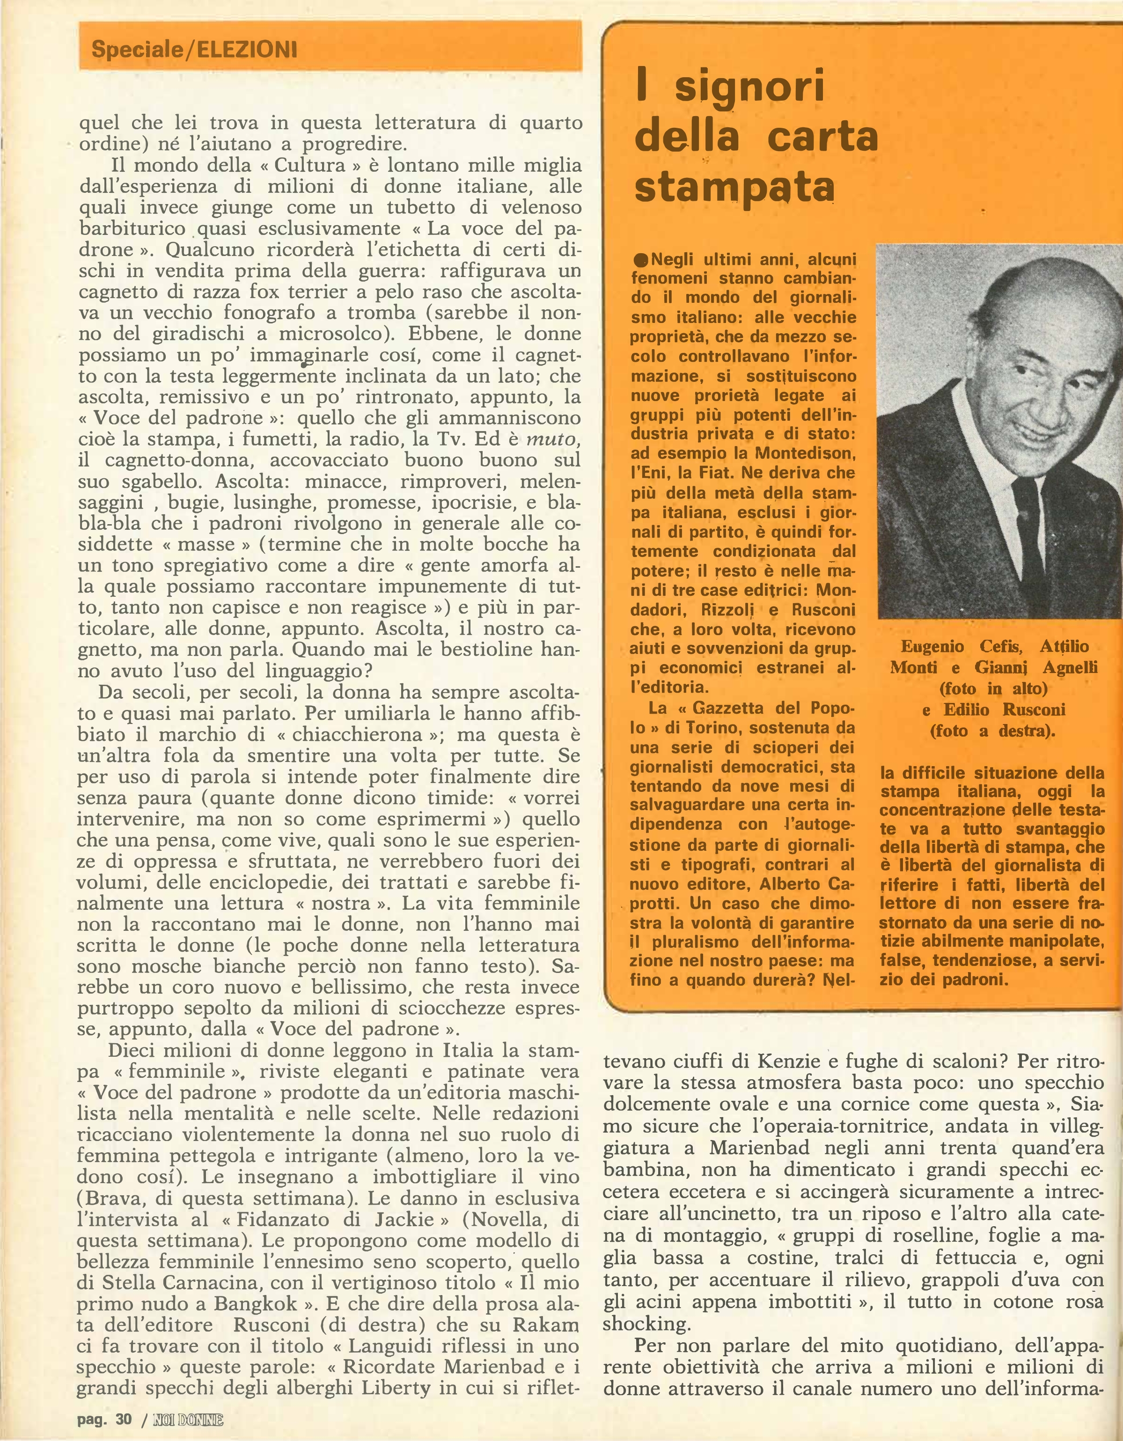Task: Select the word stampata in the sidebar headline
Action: tap(734, 188)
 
